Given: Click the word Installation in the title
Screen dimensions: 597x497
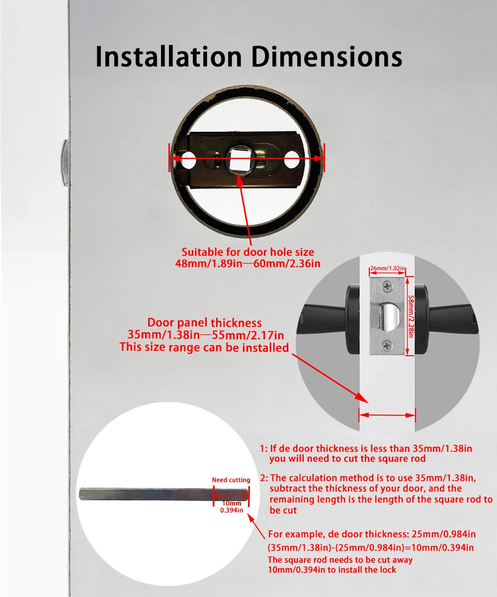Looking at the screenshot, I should coord(168,57).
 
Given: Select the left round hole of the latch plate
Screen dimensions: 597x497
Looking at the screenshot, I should coord(187,160).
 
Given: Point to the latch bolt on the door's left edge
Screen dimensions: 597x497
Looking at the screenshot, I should coord(65,163).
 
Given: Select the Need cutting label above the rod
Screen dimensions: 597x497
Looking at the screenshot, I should coord(231,480).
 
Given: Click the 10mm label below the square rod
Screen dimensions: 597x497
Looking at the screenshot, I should coord(231,503).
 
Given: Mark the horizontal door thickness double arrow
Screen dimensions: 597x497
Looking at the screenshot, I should coord(387,416).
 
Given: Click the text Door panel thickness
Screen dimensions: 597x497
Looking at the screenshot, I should coord(205,322).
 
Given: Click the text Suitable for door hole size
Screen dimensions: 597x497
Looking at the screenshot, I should coord(248,252).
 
